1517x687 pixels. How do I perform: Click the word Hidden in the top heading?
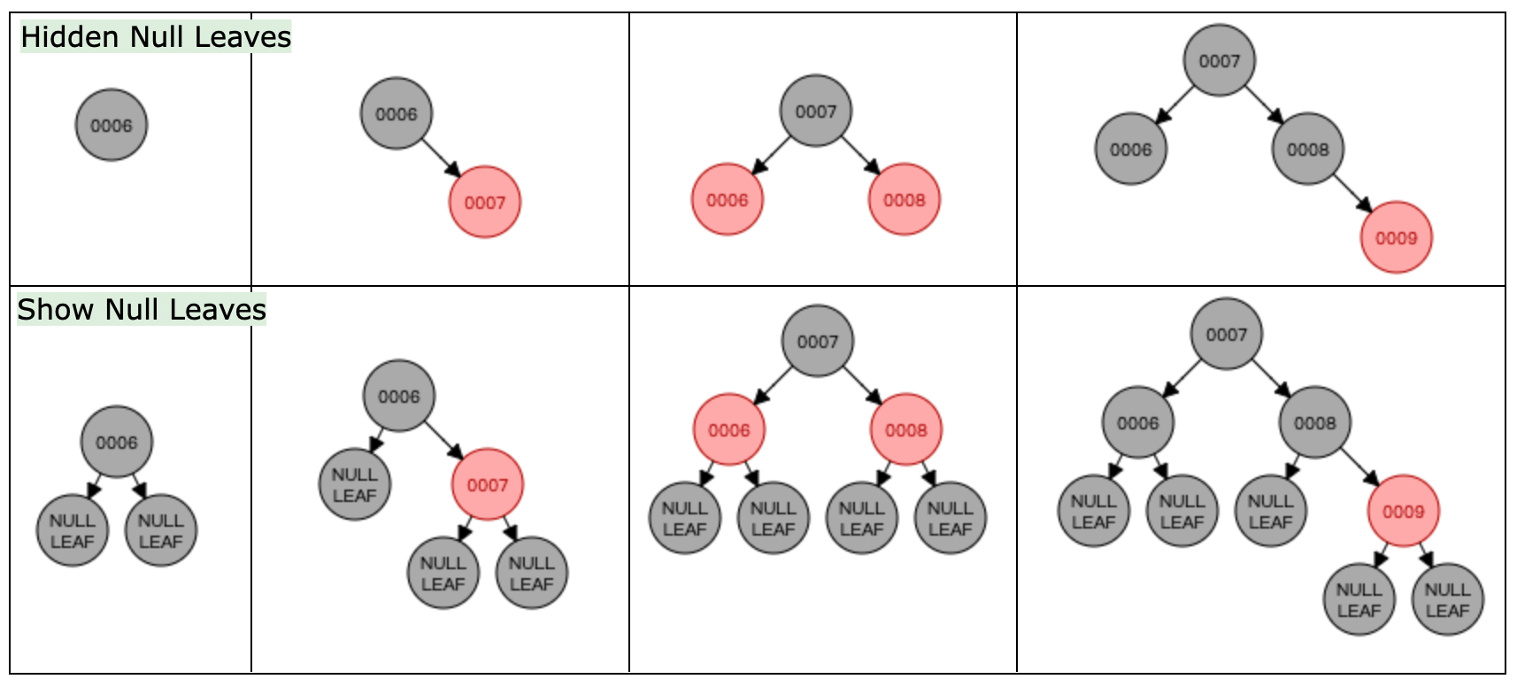click(x=72, y=37)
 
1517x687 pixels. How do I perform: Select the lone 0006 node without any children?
click(x=112, y=125)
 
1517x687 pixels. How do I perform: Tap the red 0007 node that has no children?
click(x=485, y=202)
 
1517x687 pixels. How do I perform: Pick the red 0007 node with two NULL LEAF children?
click(x=488, y=484)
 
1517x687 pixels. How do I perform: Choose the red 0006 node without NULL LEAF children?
click(x=728, y=199)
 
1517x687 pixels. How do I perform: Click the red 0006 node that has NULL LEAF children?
click(x=729, y=429)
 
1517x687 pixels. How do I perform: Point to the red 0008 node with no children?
click(x=905, y=199)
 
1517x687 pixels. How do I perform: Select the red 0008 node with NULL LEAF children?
click(x=906, y=429)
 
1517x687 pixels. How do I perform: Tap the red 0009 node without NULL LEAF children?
click(x=1396, y=237)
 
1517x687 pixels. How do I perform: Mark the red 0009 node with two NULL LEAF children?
click(x=1404, y=511)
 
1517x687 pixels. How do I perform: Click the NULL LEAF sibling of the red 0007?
click(x=355, y=484)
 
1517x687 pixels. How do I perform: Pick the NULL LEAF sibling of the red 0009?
click(x=1271, y=511)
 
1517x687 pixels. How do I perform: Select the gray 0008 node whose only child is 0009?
click(x=1308, y=149)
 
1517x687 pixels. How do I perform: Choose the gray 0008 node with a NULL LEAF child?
click(x=1315, y=422)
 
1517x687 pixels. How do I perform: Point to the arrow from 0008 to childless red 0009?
click(x=1352, y=193)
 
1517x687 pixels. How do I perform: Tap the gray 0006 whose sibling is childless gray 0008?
click(x=1131, y=149)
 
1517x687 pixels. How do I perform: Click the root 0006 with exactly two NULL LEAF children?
click(x=117, y=442)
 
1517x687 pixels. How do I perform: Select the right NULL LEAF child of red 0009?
click(x=1448, y=599)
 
